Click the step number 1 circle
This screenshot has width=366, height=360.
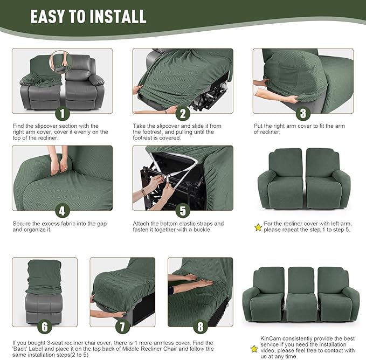coord(62,114)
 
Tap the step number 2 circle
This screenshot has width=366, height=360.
coord(183,114)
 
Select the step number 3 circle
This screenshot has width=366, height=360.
coord(303,114)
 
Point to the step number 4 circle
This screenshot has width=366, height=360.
coord(62,211)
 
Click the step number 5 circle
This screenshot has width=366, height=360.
coord(183,211)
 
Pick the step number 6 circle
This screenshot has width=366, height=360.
coord(45,327)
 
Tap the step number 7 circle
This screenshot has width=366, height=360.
coord(122,327)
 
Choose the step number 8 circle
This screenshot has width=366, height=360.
coord(200,327)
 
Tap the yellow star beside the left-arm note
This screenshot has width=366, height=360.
coord(258,227)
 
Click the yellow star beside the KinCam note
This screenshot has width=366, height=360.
coord(254,349)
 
